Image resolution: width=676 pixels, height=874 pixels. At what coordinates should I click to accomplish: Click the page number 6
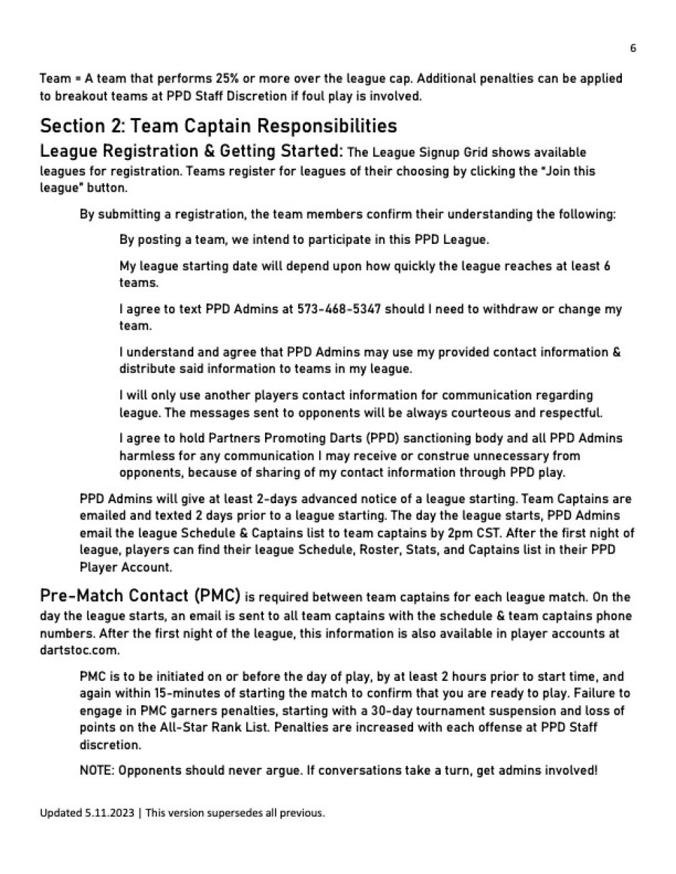pyautogui.click(x=633, y=48)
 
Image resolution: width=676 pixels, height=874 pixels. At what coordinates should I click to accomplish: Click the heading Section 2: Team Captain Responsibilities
pyautogui.click(x=218, y=126)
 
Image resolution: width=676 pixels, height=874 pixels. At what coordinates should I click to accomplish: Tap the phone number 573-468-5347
pyautogui.click(x=339, y=309)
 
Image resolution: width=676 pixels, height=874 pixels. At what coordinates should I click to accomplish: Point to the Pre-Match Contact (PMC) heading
pyautogui.click(x=140, y=596)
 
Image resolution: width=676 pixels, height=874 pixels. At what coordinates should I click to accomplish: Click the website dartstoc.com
pyautogui.click(x=80, y=650)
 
